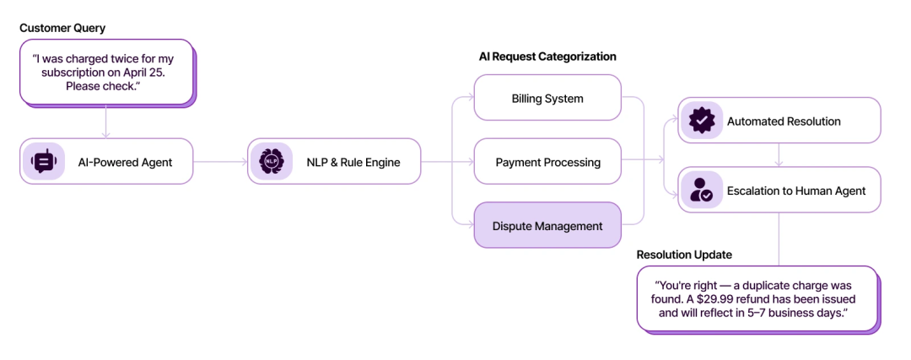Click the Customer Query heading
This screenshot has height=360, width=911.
coord(62,28)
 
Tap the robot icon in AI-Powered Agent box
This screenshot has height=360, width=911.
coord(44,161)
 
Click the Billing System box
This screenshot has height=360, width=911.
coord(547,98)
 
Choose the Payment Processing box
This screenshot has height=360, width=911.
coord(547,161)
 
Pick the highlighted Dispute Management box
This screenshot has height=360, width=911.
coord(547,225)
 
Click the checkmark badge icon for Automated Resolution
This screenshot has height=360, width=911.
coord(701,121)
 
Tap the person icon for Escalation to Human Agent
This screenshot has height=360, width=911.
coord(701,190)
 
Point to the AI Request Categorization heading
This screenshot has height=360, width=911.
coord(547,56)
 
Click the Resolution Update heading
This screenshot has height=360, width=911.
coord(684,255)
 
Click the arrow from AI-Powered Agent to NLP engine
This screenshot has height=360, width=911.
coord(220,161)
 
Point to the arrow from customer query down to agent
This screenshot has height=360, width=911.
coord(105,121)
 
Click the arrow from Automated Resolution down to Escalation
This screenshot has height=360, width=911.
coord(779,154)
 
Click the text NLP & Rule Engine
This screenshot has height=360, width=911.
coord(353,162)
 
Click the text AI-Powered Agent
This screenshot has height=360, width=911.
coord(125,162)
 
